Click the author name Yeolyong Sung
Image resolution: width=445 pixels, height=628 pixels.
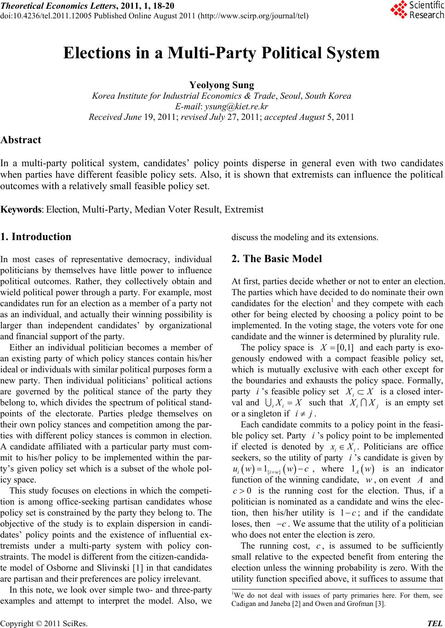pyautogui.click(x=222, y=85)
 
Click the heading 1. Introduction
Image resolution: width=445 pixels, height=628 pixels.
pyautogui.click(x=36, y=237)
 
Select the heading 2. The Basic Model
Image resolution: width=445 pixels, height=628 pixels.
pyautogui.click(x=277, y=258)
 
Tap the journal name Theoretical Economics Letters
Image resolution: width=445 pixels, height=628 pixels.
pyautogui.click(x=52, y=6)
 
